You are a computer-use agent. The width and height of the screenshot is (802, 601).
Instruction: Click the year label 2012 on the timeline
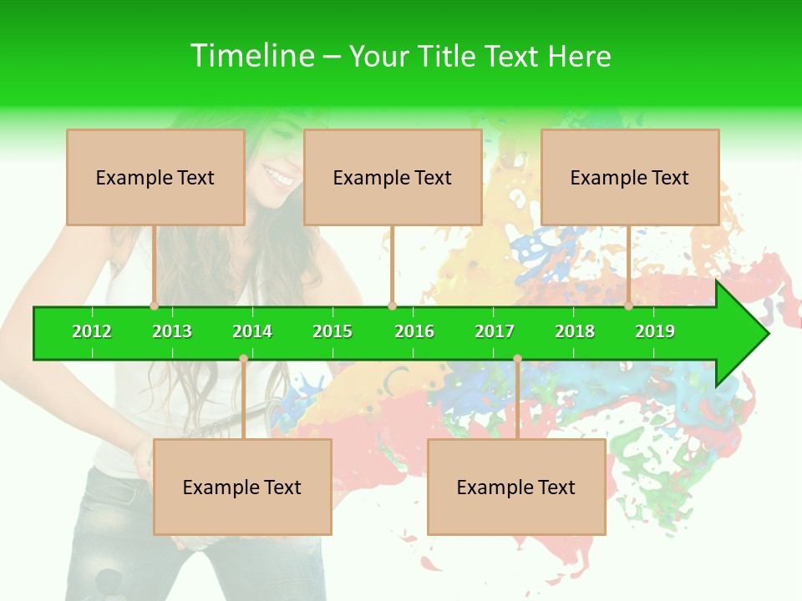(92, 331)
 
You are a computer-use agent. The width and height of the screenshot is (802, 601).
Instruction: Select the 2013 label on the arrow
(172, 331)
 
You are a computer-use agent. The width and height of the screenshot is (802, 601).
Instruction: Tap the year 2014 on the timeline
(252, 331)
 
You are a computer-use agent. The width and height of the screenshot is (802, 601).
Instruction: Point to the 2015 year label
(332, 331)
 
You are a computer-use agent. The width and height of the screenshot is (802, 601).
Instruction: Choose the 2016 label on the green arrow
(414, 331)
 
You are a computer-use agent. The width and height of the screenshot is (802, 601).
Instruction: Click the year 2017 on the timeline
(495, 331)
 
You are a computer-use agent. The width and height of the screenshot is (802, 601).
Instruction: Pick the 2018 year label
(575, 331)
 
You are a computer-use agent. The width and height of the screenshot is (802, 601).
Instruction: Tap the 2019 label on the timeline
(655, 331)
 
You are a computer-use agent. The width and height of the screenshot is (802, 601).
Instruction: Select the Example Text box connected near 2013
(155, 177)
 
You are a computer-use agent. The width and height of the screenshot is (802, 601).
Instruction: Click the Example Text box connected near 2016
(393, 177)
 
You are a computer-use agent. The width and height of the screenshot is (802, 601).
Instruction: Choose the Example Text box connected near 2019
(630, 177)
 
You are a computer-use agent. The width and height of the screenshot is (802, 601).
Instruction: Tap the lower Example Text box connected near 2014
(242, 487)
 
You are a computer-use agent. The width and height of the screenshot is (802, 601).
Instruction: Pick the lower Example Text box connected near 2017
(516, 487)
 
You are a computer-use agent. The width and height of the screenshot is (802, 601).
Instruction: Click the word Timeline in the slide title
(252, 56)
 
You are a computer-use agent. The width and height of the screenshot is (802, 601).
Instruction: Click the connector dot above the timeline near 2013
(155, 306)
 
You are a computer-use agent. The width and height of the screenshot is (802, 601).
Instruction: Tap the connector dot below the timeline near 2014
(243, 359)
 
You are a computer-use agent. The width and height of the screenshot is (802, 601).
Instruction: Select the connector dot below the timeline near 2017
(517, 359)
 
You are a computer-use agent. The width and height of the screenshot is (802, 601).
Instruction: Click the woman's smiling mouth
(278, 176)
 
